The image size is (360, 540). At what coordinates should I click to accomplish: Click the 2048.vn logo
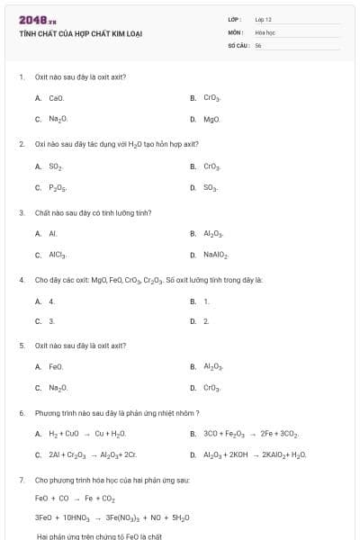point(38,20)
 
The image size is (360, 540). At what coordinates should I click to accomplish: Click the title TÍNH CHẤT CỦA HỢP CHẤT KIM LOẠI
point(81,34)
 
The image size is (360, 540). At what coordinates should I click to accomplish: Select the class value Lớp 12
point(263,19)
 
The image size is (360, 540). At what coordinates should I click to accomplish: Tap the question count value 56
point(257,44)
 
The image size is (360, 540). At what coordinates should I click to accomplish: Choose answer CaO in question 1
point(56,97)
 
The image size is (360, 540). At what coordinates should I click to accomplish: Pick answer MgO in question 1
point(211,119)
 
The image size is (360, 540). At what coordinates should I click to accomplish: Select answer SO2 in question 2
point(56,166)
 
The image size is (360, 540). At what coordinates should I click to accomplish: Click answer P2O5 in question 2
point(58,187)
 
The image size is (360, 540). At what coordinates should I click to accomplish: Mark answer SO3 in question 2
point(211,187)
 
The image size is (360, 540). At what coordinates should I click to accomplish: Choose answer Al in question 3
point(52,233)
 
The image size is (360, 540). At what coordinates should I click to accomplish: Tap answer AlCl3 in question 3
point(58,256)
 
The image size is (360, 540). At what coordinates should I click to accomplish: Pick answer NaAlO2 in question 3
point(216,256)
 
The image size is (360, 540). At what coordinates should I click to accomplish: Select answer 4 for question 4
point(51,301)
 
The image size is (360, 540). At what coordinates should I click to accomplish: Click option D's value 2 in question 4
point(206,320)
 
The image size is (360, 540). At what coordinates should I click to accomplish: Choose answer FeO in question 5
point(56,366)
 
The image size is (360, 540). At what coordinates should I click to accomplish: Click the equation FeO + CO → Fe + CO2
point(75,498)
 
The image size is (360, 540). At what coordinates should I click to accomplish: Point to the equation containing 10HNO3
point(112,517)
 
